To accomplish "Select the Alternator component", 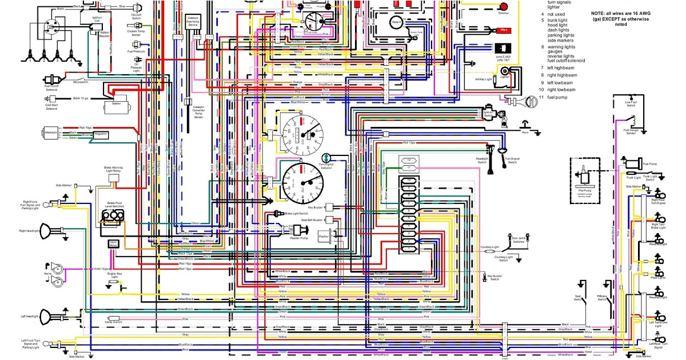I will point(51,133).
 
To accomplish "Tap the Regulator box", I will point(101,134).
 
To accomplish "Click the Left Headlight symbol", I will point(58,316).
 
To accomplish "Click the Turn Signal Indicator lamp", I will point(325,158).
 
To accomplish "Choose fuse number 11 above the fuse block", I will point(409,167).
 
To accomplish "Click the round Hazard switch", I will point(396,23).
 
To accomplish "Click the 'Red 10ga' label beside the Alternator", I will point(85,127).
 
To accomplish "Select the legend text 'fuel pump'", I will point(559,97).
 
